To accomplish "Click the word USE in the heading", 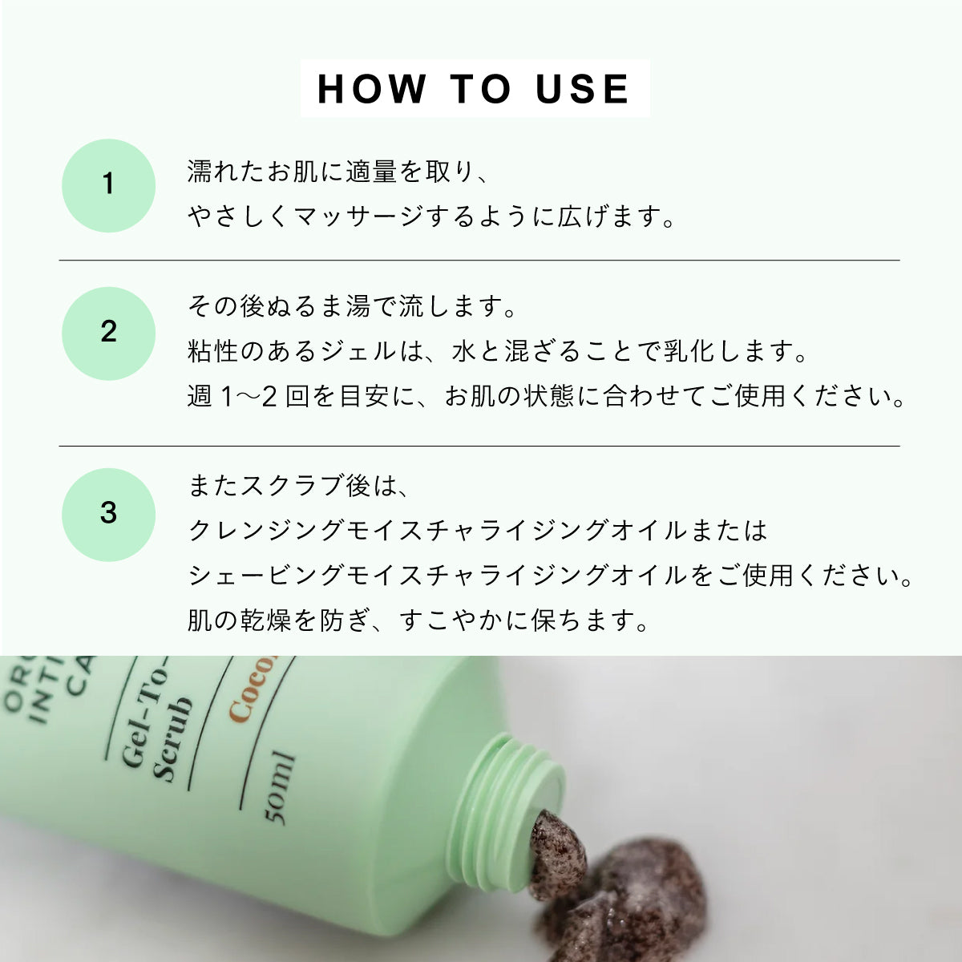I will click(583, 88).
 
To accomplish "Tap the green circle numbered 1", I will click(108, 185).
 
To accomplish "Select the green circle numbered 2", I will click(108, 333).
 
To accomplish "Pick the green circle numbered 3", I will click(108, 514).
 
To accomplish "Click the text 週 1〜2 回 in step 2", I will click(248, 396).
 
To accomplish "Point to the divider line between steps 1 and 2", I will click(479, 261).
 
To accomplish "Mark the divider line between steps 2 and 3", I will click(479, 446).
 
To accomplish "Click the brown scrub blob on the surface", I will click(641, 890).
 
